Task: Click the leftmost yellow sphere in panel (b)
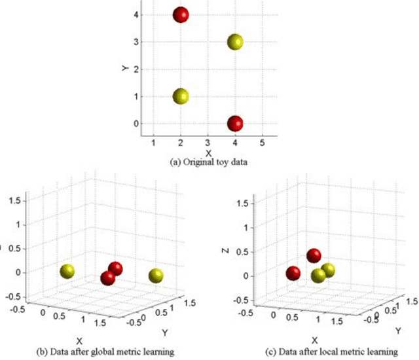67,272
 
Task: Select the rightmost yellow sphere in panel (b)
156,276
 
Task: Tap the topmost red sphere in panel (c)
314,256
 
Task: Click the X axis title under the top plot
208,153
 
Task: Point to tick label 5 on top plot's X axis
263,143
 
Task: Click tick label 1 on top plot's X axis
153,143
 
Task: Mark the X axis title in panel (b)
79,340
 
